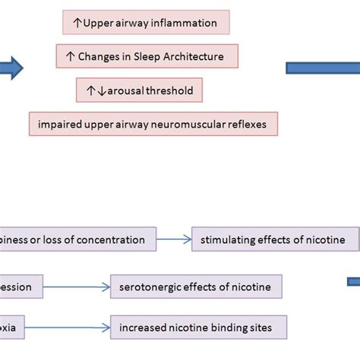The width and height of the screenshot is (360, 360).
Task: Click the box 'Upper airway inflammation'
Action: [x=146, y=23]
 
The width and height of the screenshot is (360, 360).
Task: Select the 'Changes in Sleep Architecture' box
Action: [x=147, y=56]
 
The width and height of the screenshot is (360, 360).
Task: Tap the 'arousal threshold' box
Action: [x=139, y=91]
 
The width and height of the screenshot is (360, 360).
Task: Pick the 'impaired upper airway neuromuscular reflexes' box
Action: [x=153, y=124]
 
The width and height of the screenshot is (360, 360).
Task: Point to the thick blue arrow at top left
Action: [x=11, y=68]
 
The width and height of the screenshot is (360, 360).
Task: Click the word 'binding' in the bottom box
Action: [x=219, y=329]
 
